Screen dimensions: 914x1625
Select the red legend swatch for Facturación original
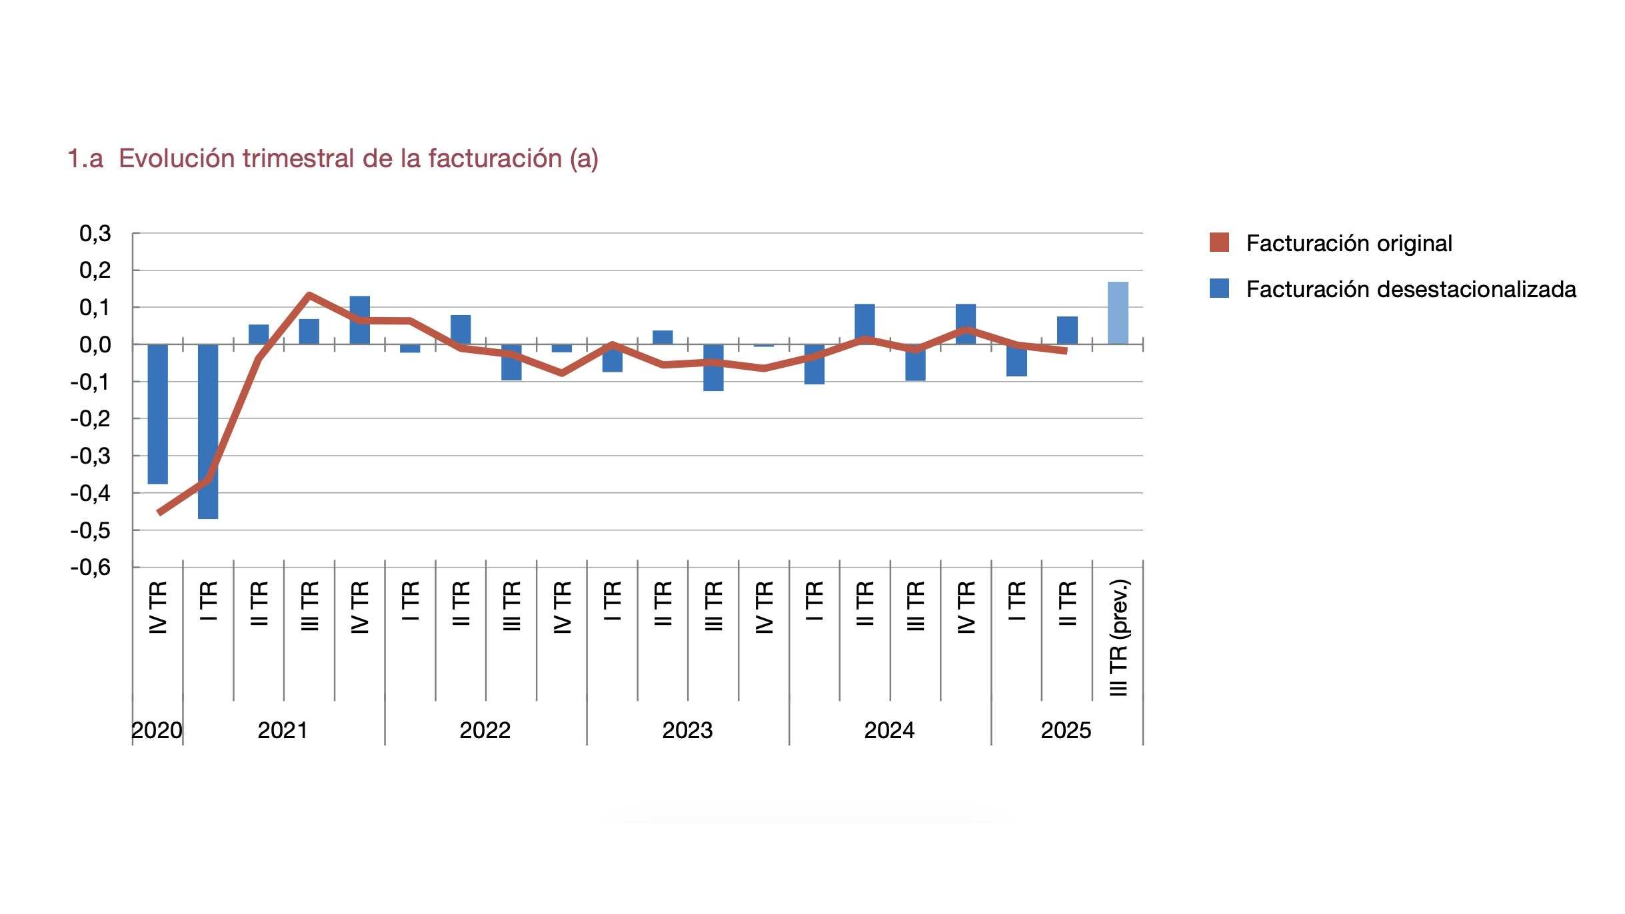(1219, 242)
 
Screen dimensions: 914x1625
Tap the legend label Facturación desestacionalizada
(1410, 289)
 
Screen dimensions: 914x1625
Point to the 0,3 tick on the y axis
(95, 234)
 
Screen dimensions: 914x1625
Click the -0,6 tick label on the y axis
(91, 568)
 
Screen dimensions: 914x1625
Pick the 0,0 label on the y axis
(95, 345)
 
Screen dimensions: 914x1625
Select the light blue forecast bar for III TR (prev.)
(1118, 313)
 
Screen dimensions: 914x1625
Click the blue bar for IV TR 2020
(157, 413)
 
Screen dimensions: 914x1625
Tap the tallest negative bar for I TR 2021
(208, 431)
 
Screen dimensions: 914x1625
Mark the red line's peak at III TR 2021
(309, 294)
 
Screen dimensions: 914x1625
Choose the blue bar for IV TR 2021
(360, 320)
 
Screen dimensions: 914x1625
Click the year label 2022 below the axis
(485, 731)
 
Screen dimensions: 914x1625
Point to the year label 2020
(157, 731)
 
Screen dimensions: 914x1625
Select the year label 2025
(1066, 731)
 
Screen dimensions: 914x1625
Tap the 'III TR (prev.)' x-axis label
(1118, 638)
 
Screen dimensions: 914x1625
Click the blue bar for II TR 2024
(864, 324)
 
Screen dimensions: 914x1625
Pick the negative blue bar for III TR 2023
(713, 368)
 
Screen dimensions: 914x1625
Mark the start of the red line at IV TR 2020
(160, 512)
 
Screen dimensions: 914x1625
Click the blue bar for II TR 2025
(1067, 330)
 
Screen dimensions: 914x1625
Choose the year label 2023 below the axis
(687, 731)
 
